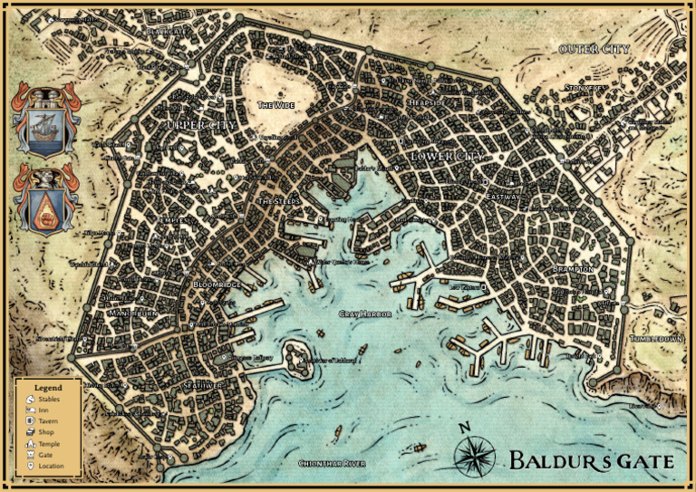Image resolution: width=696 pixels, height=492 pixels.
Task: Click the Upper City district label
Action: tap(200, 124)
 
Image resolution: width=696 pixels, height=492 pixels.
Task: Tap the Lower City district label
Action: tap(448, 157)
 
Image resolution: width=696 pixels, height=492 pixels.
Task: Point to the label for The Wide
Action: tap(276, 105)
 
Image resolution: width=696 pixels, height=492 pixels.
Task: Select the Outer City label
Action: tap(594, 49)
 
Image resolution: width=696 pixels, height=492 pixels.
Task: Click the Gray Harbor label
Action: tap(365, 314)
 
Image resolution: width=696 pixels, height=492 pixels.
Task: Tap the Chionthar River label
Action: tap(332, 463)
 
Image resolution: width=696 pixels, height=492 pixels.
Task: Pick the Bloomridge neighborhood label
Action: tap(217, 285)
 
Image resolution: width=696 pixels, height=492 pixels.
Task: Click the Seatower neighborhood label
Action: tap(203, 385)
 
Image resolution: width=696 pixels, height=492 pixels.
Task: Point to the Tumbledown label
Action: tap(656, 338)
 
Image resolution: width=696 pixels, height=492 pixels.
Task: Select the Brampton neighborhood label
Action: tap(573, 269)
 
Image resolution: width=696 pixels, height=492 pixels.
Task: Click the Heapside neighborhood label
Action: tap(427, 103)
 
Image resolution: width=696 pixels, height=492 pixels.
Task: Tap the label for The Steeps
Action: tap(279, 200)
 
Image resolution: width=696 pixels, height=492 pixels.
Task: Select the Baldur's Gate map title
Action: tap(591, 460)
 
